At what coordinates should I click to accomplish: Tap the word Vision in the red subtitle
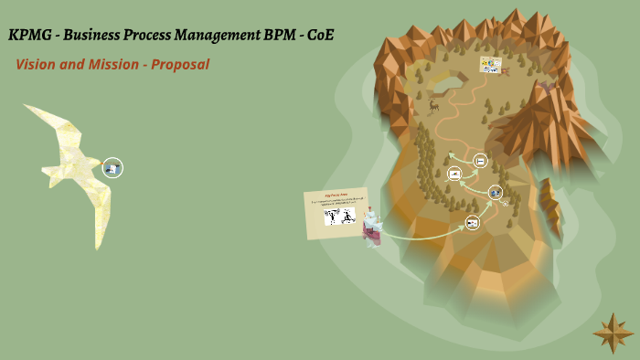click(37, 65)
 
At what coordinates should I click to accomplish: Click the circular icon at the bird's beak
click(112, 167)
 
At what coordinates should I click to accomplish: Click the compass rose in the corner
click(612, 333)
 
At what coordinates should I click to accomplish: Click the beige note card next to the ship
click(336, 213)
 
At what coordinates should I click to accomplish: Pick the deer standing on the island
click(433, 105)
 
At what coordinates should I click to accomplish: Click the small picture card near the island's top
click(491, 65)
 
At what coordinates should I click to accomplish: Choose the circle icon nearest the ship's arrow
click(472, 222)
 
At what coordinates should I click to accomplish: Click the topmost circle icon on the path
click(480, 161)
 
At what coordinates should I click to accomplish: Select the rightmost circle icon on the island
click(495, 192)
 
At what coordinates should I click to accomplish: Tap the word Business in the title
click(92, 36)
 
